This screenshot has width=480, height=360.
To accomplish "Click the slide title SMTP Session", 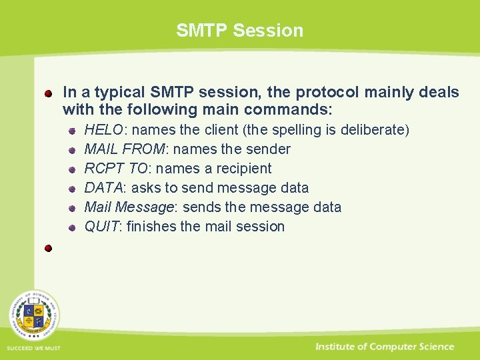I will [239, 30].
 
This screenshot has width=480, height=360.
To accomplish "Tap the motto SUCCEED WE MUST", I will [33, 349].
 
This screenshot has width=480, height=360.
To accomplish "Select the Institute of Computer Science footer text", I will [385, 347].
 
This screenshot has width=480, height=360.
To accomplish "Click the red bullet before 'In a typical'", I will [49, 93].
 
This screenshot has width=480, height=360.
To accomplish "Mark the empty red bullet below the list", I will [49, 248].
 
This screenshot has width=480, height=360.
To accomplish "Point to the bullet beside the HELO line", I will [73, 131].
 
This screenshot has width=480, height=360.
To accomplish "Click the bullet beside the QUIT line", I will [73, 227].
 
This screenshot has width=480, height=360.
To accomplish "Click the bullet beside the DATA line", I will [73, 189].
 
